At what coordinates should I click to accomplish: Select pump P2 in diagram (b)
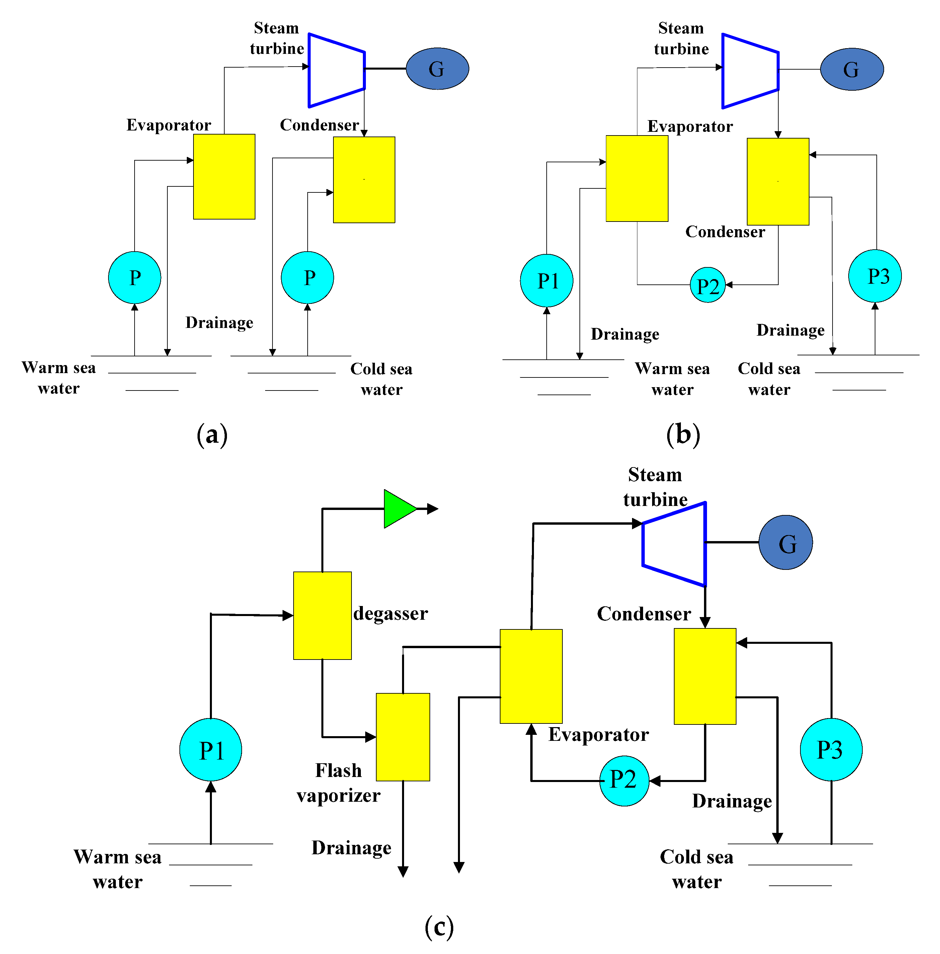(x=707, y=285)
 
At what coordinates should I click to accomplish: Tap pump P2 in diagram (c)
(x=624, y=780)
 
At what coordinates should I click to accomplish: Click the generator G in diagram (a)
(x=437, y=69)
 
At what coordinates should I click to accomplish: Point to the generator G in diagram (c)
(x=785, y=542)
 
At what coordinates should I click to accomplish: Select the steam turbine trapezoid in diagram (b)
(x=750, y=71)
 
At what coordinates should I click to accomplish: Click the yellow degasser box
(x=322, y=615)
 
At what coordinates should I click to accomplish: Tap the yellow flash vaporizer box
(x=402, y=736)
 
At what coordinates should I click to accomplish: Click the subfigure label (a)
(x=212, y=434)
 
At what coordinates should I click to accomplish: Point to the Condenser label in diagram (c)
(x=643, y=613)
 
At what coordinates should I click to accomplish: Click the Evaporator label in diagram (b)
(x=690, y=126)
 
